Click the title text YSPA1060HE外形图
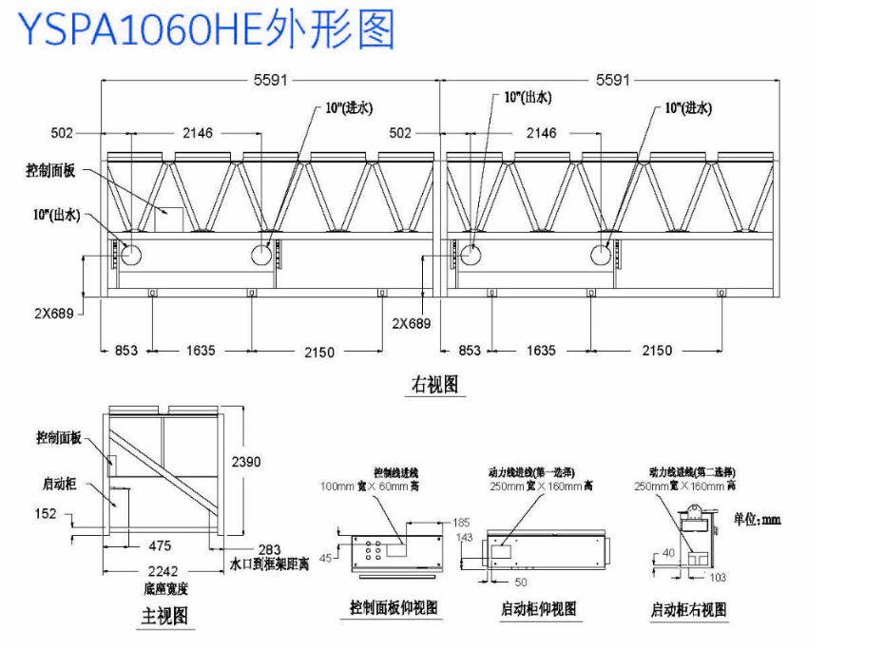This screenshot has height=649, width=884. pos(206,29)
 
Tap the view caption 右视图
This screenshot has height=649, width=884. pos(434,384)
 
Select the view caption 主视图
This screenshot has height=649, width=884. pos(164,616)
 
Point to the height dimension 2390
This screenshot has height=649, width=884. pos(246,462)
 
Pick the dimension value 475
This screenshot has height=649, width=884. pos(160,545)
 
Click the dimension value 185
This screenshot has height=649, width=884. pos(461,523)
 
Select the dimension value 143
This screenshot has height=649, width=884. pos(465,538)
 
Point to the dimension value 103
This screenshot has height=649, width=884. pos(718,578)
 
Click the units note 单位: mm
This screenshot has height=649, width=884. pos(758,520)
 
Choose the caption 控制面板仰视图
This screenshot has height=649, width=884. pos(394,608)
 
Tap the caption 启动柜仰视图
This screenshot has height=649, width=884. pos(539,608)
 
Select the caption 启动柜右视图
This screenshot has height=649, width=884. pos(688,609)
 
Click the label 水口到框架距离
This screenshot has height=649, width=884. pos(271,564)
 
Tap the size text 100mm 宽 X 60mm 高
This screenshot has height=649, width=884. pos(371,487)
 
